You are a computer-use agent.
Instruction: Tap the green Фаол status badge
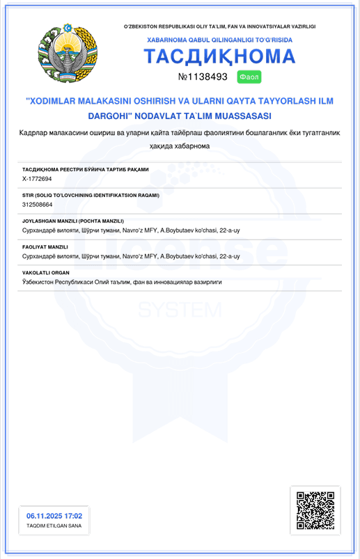pos(249,77)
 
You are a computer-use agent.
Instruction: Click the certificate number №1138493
pos(203,77)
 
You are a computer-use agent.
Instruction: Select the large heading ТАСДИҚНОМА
pos(219,56)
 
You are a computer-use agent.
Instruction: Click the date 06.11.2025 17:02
pos(54,516)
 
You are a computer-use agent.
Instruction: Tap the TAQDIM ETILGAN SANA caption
pos(54,526)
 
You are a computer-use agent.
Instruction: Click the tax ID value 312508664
pos(38,205)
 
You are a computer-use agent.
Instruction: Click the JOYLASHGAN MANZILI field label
pos(73,221)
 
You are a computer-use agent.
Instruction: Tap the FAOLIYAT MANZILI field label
pos(45,246)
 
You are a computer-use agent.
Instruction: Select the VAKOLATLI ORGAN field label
pos(46,272)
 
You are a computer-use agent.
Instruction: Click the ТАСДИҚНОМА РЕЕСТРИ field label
pos(86,169)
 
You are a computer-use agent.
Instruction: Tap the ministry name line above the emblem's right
pos(219,26)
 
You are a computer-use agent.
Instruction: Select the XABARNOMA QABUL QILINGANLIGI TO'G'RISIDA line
pos(219,40)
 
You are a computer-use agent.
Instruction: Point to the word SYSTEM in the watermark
pos(180,308)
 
